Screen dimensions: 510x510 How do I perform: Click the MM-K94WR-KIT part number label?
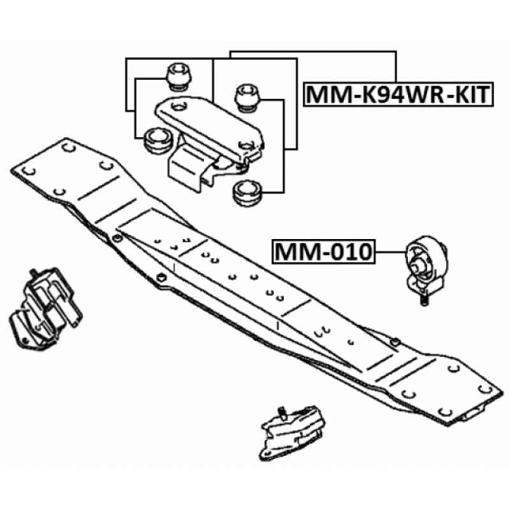(398, 94)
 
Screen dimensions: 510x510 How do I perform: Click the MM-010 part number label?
(323, 252)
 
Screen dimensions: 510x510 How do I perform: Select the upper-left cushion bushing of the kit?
(179, 76)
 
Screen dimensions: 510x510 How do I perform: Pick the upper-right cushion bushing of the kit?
(248, 98)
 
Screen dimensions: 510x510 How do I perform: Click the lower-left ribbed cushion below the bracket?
(157, 140)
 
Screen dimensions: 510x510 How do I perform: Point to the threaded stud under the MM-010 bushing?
(423, 298)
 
